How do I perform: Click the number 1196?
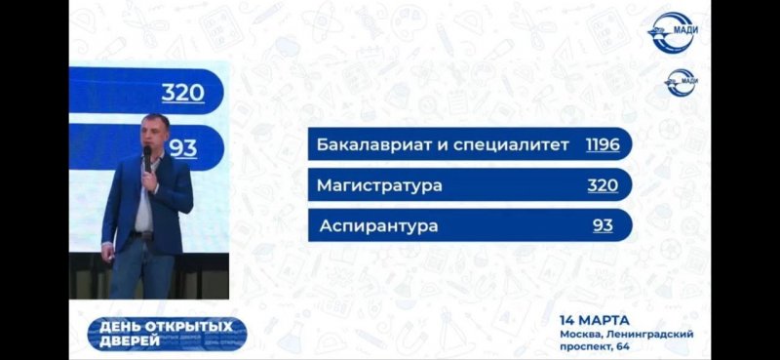click(603, 145)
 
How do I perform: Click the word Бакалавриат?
click(365, 145)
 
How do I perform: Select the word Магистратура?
click(379, 185)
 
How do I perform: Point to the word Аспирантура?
click(378, 226)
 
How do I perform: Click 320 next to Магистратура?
click(603, 185)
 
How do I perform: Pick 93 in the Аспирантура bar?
click(603, 226)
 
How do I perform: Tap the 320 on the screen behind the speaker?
click(183, 93)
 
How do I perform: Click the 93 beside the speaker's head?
click(183, 148)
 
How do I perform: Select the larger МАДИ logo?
click(674, 32)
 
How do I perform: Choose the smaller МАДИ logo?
click(681, 83)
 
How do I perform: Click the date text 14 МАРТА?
click(594, 320)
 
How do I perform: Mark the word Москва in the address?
click(577, 335)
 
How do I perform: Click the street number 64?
click(624, 347)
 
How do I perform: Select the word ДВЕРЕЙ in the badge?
click(130, 340)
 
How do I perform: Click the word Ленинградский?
click(646, 335)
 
